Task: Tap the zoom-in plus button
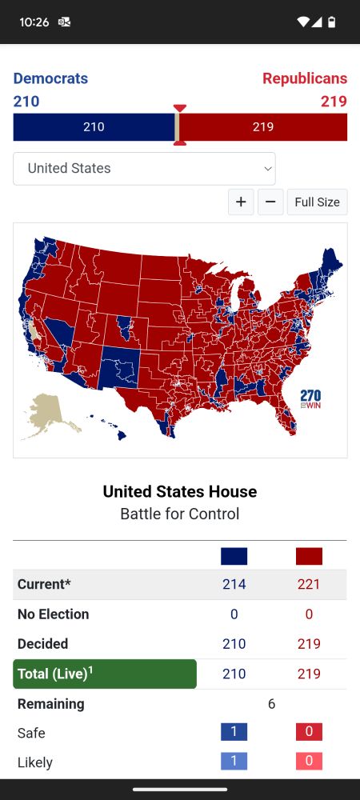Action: tap(241, 202)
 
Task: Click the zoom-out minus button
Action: tap(270, 202)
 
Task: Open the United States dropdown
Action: tap(144, 169)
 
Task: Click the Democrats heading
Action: tap(50, 78)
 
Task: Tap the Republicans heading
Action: tap(305, 78)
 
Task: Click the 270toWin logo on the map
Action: tap(310, 398)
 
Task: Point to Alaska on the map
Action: tap(45, 414)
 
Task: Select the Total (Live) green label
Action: tap(104, 674)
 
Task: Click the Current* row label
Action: tap(44, 584)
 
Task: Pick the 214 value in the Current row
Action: tap(234, 584)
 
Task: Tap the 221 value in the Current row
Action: tap(309, 584)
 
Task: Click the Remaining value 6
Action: tap(271, 704)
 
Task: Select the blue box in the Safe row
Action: tap(234, 732)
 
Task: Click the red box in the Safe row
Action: tap(309, 732)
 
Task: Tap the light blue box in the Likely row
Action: tap(234, 762)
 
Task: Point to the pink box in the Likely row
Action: tap(309, 762)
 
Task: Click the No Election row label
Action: tap(53, 614)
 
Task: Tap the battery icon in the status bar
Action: tap(333, 22)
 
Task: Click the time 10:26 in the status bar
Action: tap(34, 22)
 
